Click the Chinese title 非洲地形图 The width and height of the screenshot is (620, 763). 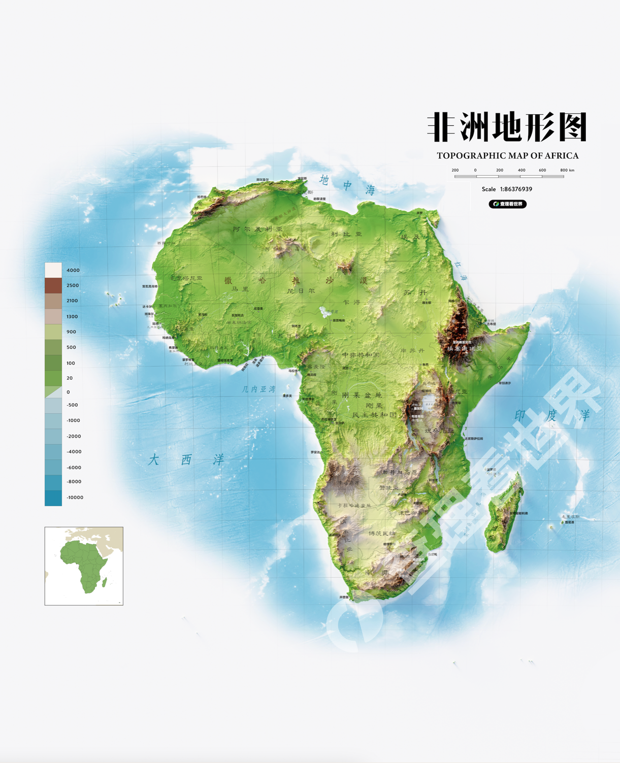tap(507, 127)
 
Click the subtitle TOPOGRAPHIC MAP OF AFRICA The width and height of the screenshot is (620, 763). tap(507, 156)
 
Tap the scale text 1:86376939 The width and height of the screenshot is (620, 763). tap(516, 189)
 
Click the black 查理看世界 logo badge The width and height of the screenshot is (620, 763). tap(507, 204)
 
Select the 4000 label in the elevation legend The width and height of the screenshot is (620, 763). tap(73, 271)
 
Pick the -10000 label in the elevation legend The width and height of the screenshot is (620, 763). tap(75, 497)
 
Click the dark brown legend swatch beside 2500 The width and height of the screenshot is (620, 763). tap(53, 286)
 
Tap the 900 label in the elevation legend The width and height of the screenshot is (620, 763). tap(71, 332)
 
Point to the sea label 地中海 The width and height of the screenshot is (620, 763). tap(347, 185)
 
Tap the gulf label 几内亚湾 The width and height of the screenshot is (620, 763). tap(258, 389)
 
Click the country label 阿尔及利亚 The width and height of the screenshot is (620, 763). tap(257, 229)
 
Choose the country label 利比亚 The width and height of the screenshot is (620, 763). tap(346, 234)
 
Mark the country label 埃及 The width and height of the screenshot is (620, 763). tap(411, 237)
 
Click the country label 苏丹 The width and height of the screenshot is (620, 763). tap(415, 292)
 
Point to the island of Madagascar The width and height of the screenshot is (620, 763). tap(503, 513)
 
